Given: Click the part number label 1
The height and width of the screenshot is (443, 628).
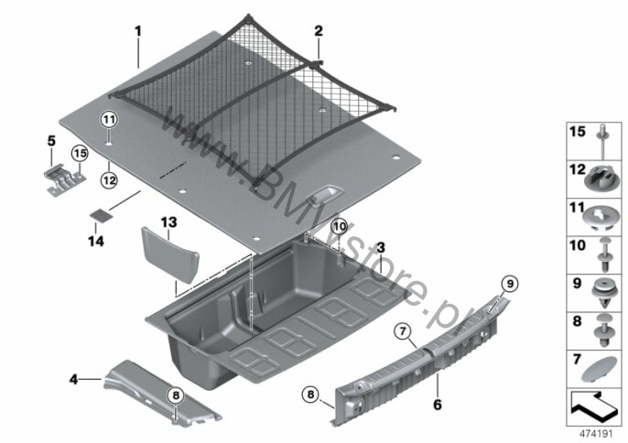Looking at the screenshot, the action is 138,32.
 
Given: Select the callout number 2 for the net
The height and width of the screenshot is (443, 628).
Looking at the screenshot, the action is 319,31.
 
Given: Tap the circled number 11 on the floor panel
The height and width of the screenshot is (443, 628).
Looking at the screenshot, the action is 109,119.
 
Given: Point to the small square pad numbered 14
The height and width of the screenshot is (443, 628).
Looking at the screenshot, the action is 101,215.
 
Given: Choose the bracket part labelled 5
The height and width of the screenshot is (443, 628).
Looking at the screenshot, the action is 65,178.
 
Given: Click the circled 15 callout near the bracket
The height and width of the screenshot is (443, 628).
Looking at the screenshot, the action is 80,154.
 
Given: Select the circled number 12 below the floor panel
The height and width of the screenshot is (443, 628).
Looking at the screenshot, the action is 109,180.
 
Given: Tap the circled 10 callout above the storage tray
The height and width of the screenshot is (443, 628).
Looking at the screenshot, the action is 340,227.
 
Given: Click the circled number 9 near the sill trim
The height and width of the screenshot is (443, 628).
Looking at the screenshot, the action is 510,284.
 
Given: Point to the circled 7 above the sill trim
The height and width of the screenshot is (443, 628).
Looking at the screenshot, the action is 403,331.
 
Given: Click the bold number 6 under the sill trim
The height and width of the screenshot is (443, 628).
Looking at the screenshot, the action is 438,405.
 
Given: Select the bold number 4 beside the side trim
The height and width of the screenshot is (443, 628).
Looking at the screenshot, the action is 73,379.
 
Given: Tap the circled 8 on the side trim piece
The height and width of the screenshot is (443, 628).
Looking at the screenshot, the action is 176,395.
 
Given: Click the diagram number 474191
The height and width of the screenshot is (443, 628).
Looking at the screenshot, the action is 596,434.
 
